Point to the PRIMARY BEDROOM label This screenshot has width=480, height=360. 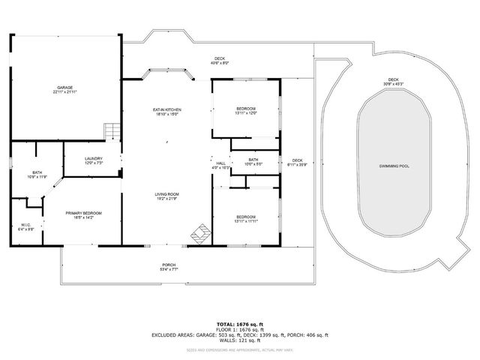(x=83, y=215)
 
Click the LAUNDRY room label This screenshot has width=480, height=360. (x=94, y=160)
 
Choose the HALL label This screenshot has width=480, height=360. (x=220, y=166)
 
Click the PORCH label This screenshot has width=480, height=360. (x=169, y=267)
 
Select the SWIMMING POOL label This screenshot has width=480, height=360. (x=394, y=166)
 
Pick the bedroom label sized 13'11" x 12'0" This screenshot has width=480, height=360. (x=246, y=111)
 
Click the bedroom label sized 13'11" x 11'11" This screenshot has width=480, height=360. (x=246, y=219)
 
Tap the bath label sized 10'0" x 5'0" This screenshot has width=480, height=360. (x=253, y=161)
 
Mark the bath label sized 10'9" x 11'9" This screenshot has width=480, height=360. (x=37, y=175)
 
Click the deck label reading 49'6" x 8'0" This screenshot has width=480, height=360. (x=220, y=61)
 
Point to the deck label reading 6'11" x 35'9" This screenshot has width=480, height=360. (x=298, y=163)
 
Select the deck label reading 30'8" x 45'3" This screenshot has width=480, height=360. (x=394, y=81)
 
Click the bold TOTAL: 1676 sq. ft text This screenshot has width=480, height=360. (x=240, y=324)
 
